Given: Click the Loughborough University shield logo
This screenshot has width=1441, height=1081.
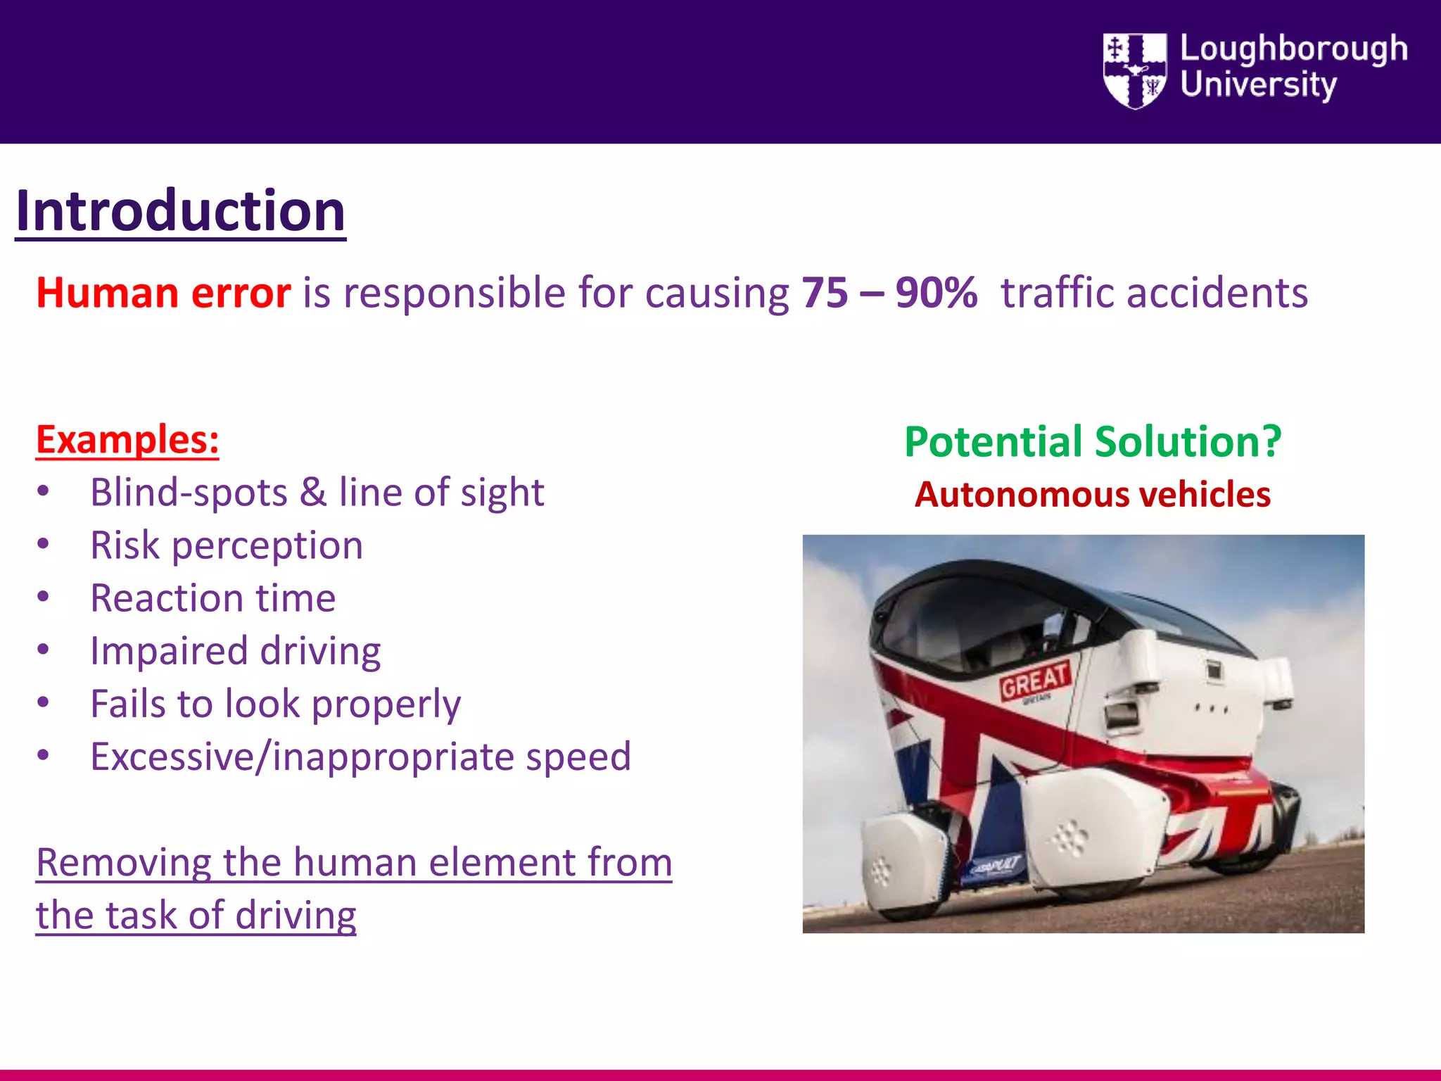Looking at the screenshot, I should click(x=1134, y=70).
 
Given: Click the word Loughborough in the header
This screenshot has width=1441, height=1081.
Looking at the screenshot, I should click(x=1294, y=49).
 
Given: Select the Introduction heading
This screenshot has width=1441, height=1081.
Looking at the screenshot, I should click(x=180, y=210).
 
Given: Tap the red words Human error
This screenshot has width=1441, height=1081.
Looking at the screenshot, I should click(x=163, y=293).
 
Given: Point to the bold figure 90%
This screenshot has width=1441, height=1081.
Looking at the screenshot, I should click(x=937, y=293).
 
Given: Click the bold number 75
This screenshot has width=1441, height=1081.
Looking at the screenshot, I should click(x=825, y=293).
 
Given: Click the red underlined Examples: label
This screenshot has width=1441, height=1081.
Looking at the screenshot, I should click(x=127, y=440).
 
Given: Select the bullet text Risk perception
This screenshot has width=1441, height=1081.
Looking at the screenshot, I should click(x=227, y=545).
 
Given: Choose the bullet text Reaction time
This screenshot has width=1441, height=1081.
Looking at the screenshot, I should click(x=212, y=598).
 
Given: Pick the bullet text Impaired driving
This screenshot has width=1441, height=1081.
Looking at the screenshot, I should click(x=235, y=651).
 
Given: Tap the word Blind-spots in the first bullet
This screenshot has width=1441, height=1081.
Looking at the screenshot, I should click(x=189, y=492).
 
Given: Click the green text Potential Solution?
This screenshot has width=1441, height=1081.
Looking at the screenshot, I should click(x=1093, y=442).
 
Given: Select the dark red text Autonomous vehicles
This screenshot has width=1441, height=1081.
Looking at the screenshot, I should click(x=1093, y=494).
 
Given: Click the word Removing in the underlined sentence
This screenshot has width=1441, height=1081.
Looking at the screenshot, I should click(x=124, y=863).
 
